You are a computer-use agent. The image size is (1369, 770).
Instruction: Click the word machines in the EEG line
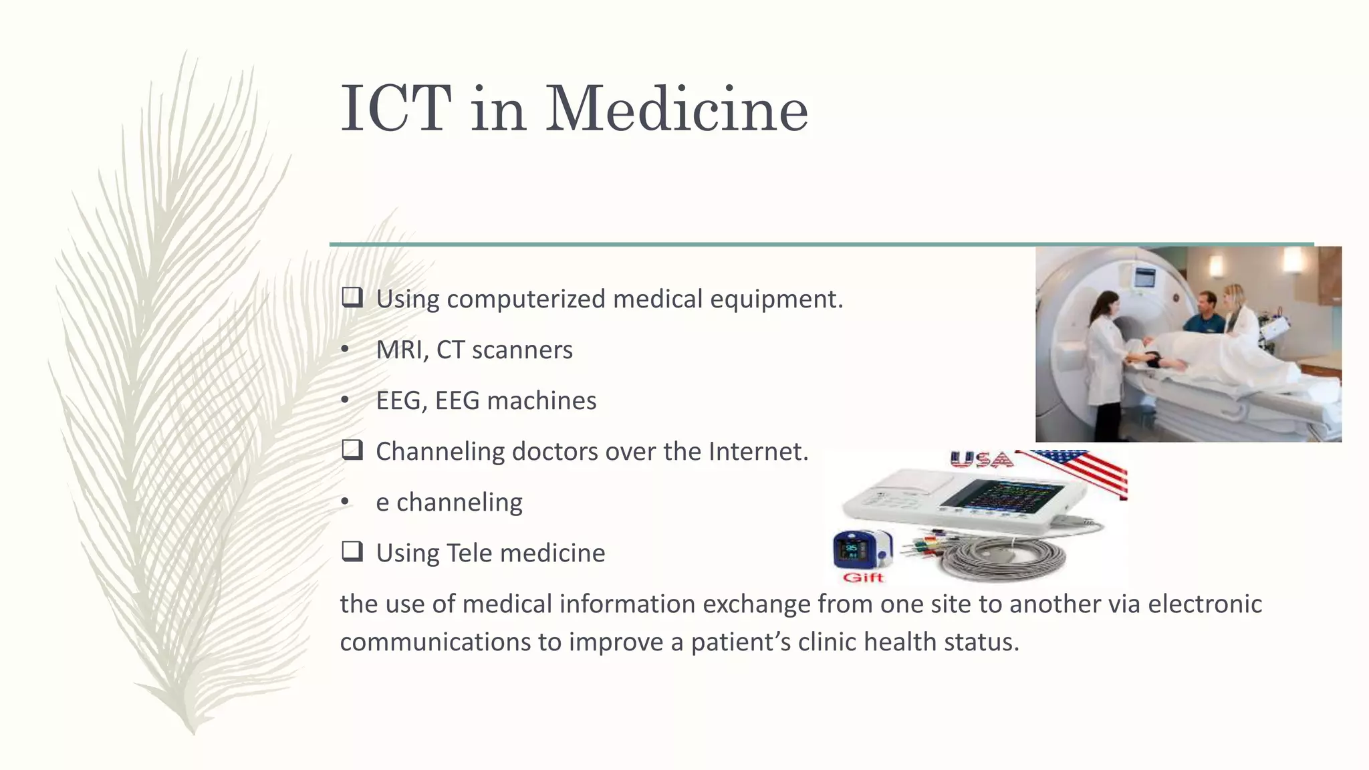click(541, 400)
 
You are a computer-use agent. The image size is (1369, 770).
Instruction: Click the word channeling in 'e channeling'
click(459, 502)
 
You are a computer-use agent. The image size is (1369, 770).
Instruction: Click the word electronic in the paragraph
click(1205, 604)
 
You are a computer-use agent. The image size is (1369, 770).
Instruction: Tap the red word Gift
click(863, 577)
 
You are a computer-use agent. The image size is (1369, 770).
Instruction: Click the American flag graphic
click(1083, 471)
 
